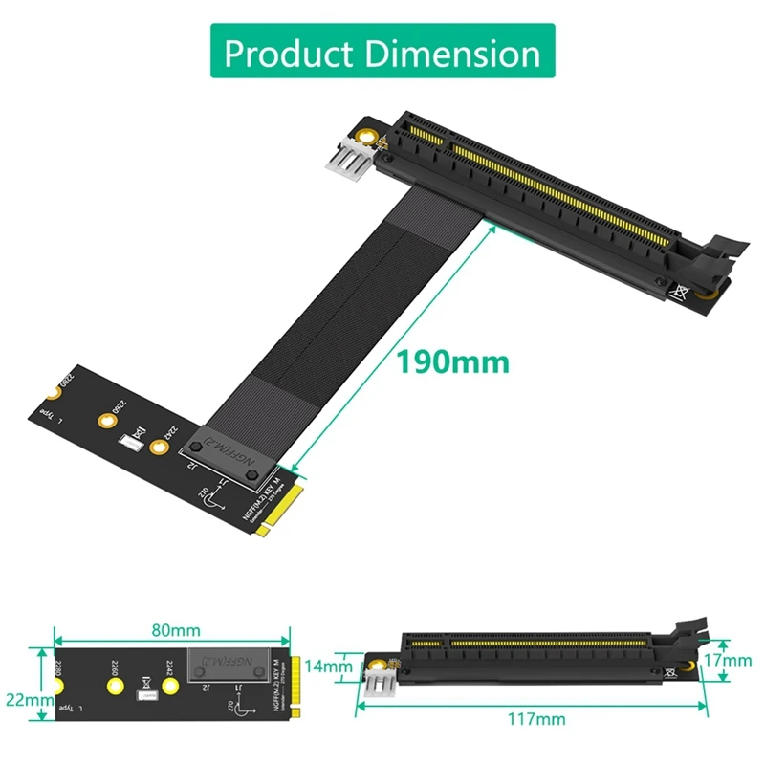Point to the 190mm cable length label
point(453,362)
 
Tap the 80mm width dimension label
point(174,630)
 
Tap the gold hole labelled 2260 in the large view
point(106,419)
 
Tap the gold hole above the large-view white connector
point(365,133)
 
